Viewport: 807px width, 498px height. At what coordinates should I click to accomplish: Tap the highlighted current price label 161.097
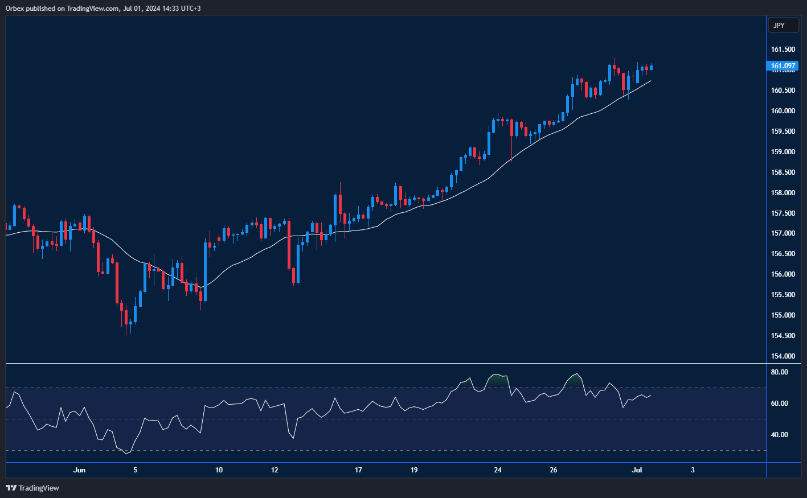tap(783, 66)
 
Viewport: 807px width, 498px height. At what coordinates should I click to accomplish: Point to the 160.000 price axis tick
tap(783, 111)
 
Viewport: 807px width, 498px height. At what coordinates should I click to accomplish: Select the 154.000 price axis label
tap(783, 356)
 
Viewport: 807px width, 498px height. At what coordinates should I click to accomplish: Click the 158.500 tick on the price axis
tap(783, 172)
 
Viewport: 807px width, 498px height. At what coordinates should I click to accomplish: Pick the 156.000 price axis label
tap(783, 274)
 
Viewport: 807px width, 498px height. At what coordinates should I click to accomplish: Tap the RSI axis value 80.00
tap(779, 372)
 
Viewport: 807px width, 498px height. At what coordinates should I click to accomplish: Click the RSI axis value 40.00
tap(779, 435)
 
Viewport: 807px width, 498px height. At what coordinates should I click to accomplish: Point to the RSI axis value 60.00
tap(779, 404)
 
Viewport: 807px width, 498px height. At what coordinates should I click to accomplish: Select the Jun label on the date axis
tap(80, 470)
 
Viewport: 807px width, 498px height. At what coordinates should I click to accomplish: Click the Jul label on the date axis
tap(637, 470)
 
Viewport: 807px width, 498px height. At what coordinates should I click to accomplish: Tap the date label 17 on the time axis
tap(358, 470)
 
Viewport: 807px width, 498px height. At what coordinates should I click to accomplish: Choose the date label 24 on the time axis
tap(498, 470)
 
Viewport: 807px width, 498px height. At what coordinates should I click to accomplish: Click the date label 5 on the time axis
tap(135, 470)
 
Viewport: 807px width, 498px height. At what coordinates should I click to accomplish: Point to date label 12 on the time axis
tap(275, 470)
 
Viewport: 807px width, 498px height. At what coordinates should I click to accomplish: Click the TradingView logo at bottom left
tap(32, 488)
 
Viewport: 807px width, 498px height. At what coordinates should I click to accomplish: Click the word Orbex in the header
tap(14, 9)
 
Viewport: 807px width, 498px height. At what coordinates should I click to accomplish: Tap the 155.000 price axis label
tap(783, 315)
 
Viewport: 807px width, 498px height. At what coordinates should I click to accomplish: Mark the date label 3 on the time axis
tap(693, 470)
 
